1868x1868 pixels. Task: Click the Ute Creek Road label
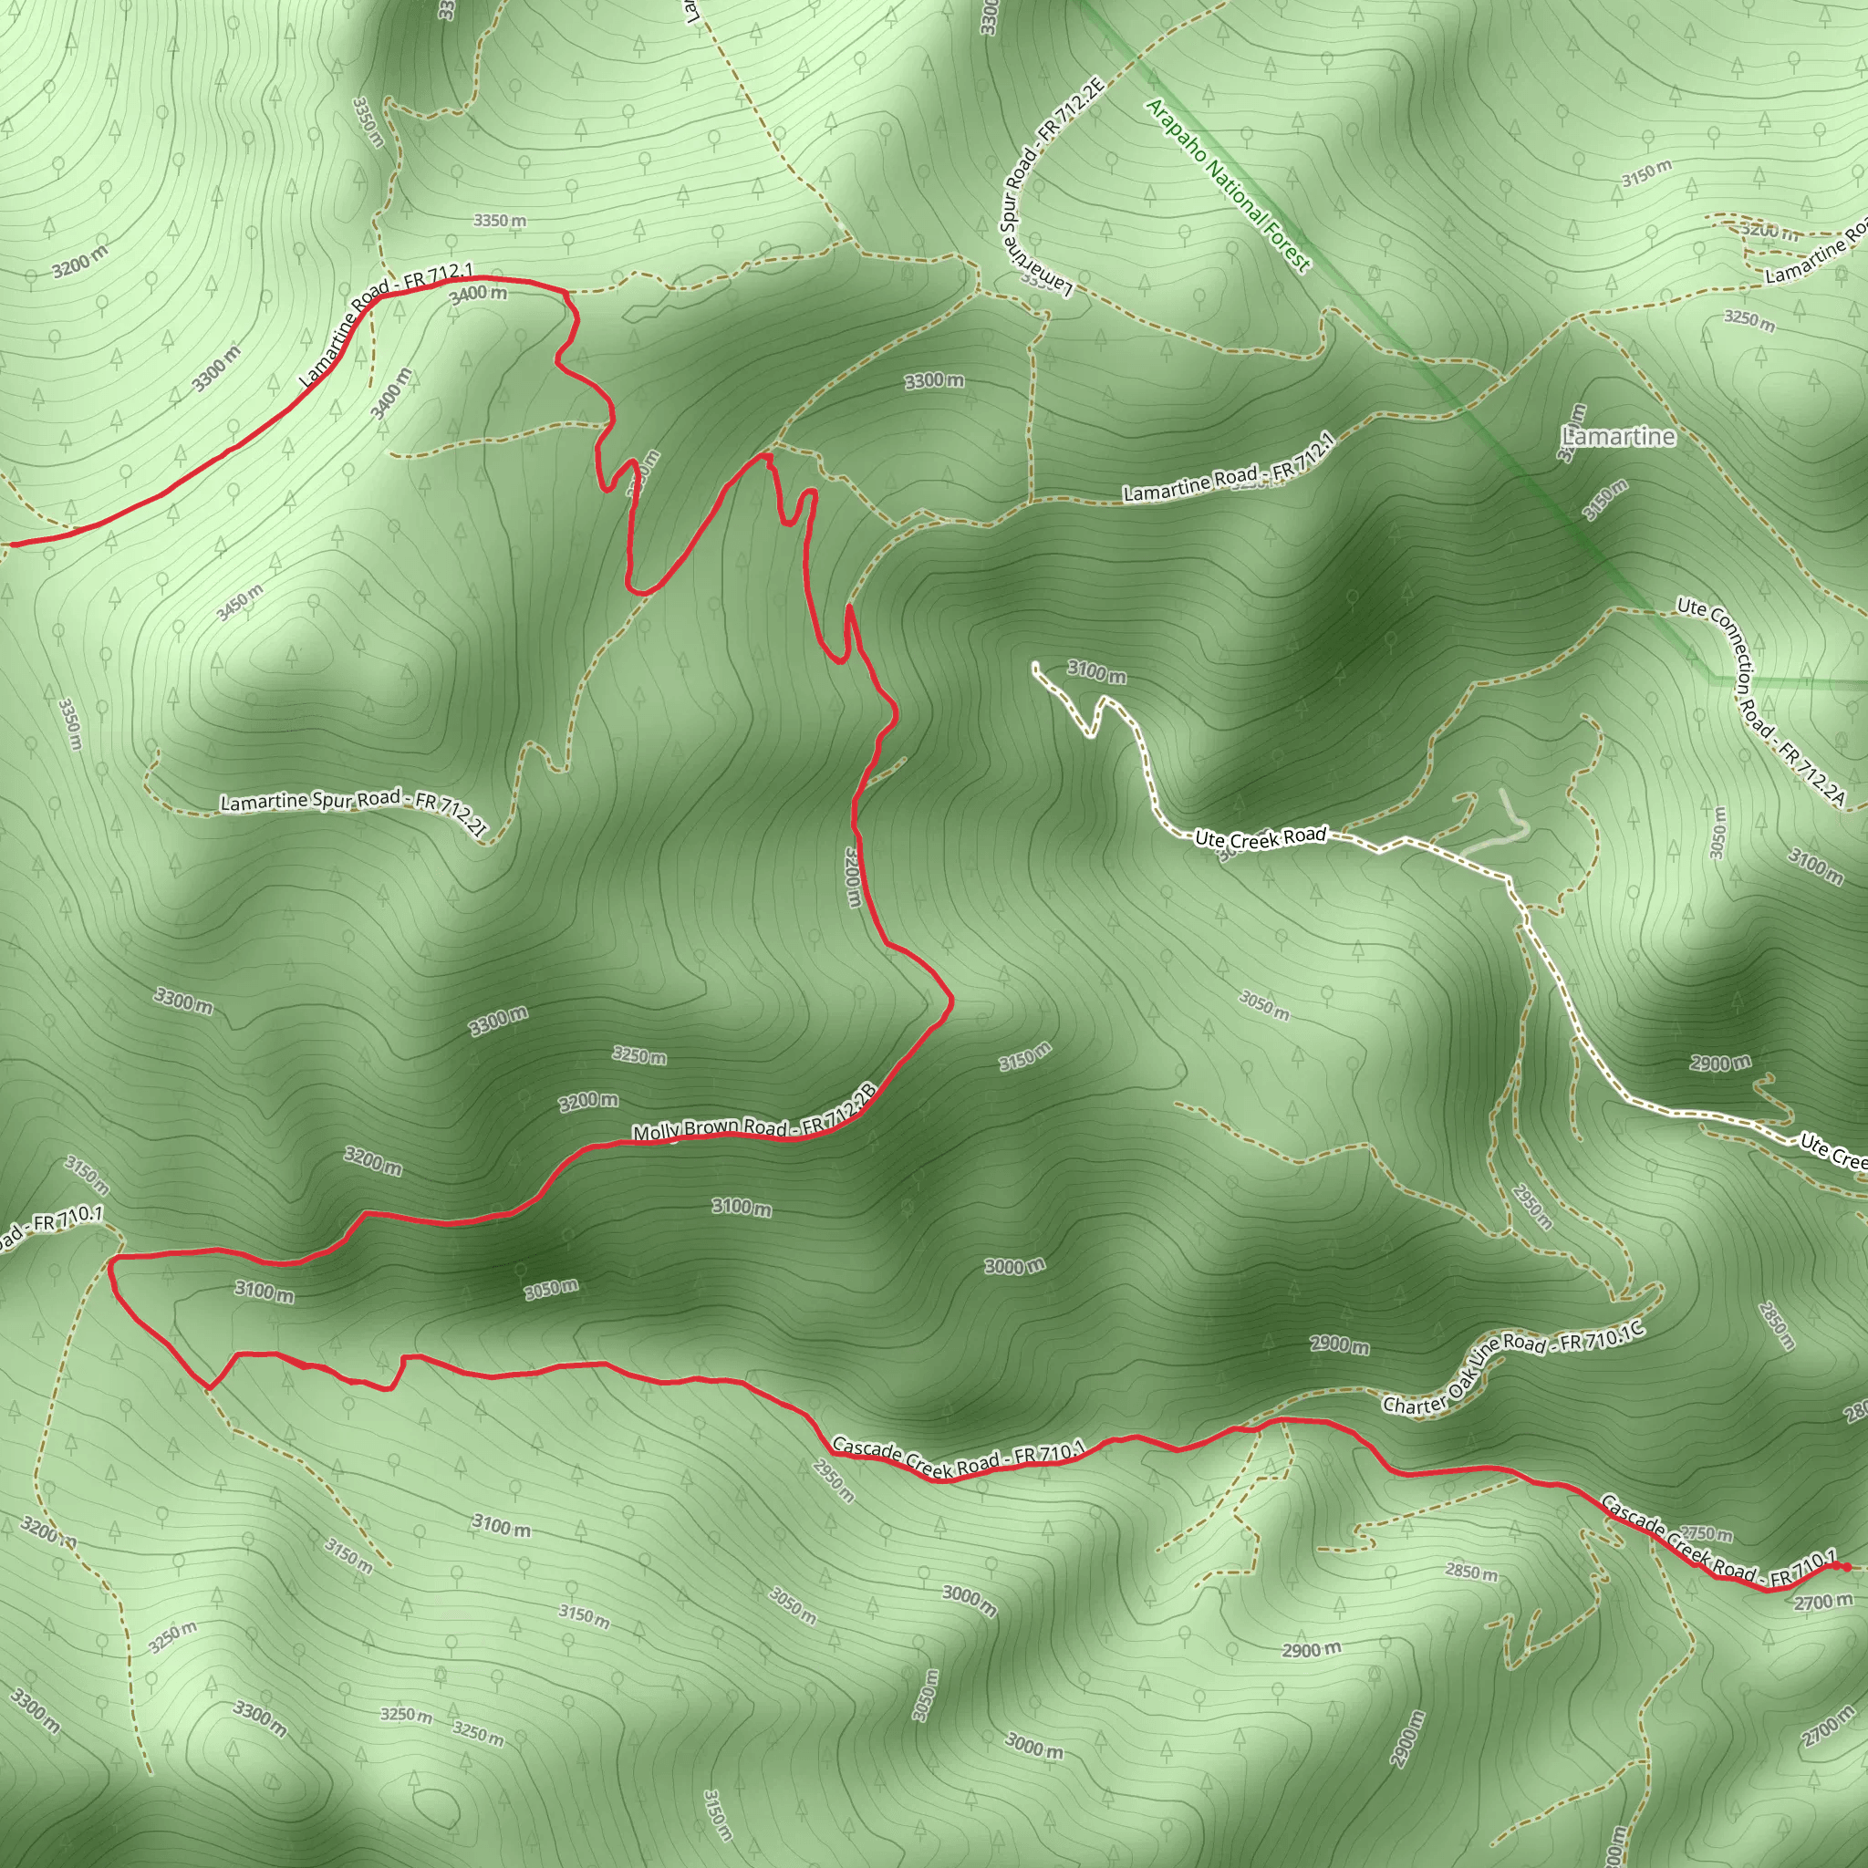tap(1260, 837)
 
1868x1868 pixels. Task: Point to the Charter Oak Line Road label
tap(1513, 1368)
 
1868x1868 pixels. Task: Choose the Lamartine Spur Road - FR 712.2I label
tap(354, 808)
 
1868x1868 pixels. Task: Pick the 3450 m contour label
tap(239, 602)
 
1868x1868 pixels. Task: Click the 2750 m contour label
tap(1706, 1533)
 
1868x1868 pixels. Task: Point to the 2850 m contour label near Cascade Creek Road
tap(1471, 1572)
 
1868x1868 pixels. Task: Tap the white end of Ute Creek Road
tap(1035, 666)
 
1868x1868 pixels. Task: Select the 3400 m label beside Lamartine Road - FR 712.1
tap(479, 293)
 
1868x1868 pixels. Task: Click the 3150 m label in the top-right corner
tap(1646, 173)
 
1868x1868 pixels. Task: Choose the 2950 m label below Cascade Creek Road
tap(834, 1480)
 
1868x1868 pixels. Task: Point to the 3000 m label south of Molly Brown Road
tap(1014, 1266)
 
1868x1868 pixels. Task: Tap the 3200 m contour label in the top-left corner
tap(79, 261)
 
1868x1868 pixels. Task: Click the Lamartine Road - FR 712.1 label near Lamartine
tap(1228, 470)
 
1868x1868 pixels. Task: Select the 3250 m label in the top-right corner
tap(1749, 320)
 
